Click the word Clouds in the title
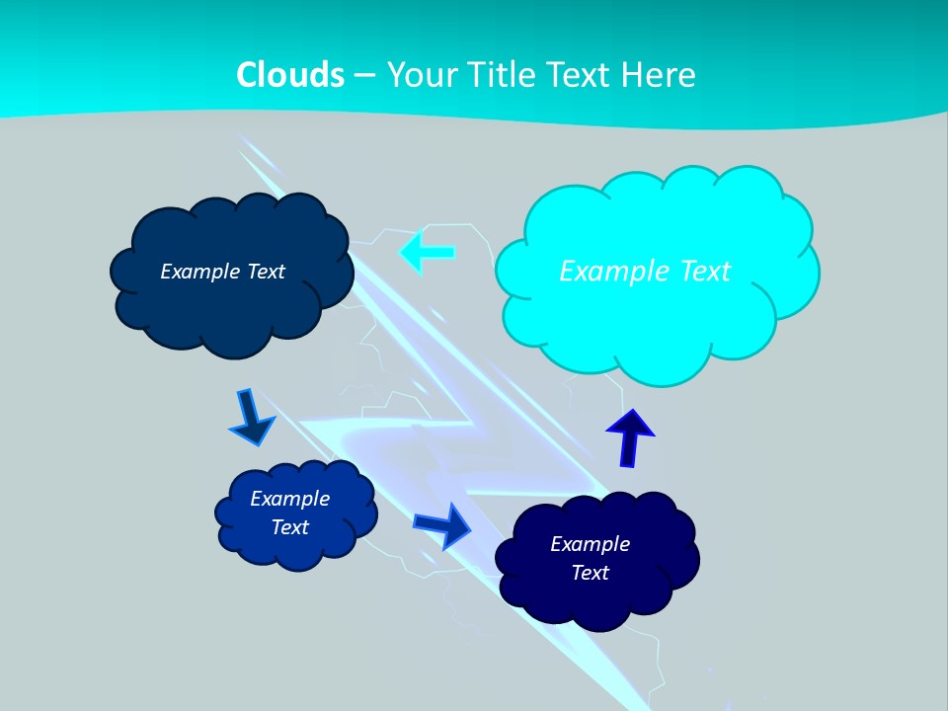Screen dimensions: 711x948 click(x=290, y=75)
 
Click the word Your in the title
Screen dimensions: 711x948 click(x=418, y=75)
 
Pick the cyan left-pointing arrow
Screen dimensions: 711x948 click(x=428, y=253)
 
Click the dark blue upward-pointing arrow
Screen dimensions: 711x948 click(x=629, y=437)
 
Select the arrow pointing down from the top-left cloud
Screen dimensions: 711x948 click(x=253, y=417)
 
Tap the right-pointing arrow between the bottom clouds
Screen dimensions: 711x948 click(x=443, y=524)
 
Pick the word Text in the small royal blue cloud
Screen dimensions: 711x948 click(x=290, y=527)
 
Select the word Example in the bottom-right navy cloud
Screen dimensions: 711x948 click(x=590, y=544)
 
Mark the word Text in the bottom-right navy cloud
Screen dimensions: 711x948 click(x=590, y=573)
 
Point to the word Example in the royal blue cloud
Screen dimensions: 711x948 click(x=290, y=499)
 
